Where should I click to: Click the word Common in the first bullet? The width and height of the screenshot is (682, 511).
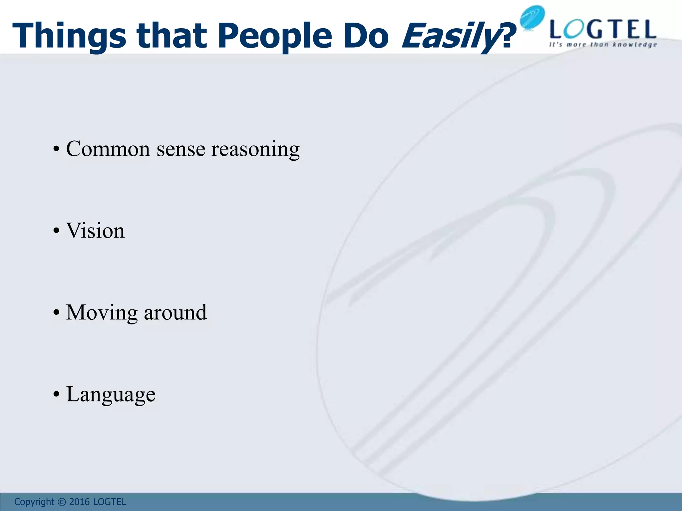[x=108, y=149]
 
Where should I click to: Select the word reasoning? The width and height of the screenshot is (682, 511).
[x=255, y=149]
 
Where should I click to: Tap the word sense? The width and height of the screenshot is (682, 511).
[x=181, y=149]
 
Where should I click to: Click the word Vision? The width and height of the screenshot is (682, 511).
[x=95, y=231]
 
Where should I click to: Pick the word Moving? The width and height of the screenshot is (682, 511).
[x=102, y=313]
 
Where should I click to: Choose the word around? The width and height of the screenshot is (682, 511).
[x=175, y=312]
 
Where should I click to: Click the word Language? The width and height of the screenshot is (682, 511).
[x=111, y=395]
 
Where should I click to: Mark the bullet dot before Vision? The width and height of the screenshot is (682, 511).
[x=56, y=231]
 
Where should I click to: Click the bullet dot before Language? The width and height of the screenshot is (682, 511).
[x=56, y=395]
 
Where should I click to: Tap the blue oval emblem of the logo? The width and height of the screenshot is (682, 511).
[x=532, y=17]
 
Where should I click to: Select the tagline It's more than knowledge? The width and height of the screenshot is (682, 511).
[x=603, y=45]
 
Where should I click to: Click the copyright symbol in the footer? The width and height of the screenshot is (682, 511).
[x=62, y=502]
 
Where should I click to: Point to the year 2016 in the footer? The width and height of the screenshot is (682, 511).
[x=79, y=502]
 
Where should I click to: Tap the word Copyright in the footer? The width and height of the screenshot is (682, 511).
[x=34, y=502]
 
